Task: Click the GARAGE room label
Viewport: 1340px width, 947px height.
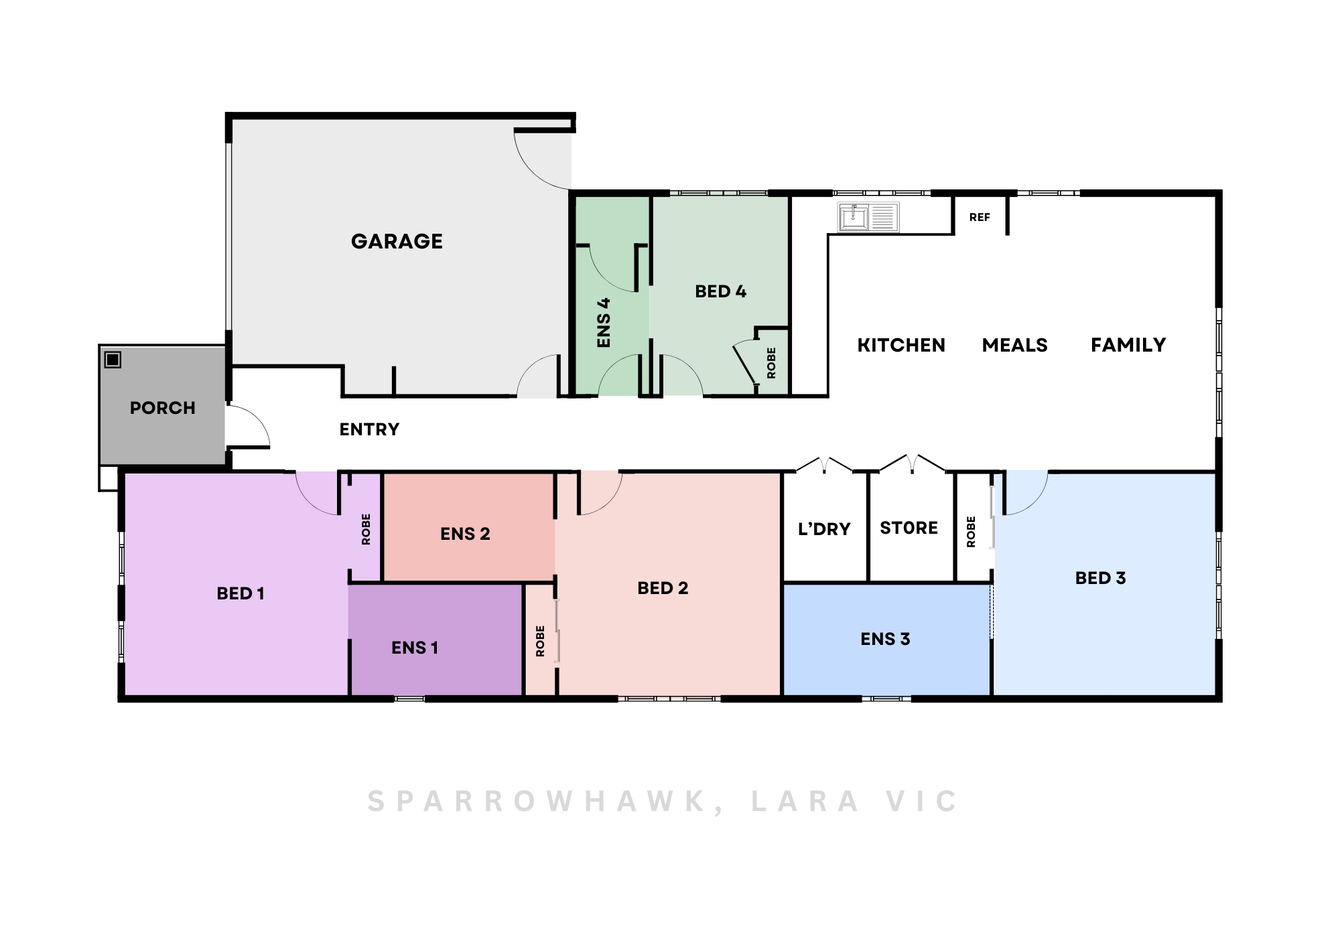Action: tap(397, 241)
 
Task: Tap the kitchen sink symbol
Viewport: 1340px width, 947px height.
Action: tap(868, 217)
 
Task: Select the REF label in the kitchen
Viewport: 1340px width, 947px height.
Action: tap(980, 217)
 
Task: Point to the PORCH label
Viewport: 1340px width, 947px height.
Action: tap(163, 408)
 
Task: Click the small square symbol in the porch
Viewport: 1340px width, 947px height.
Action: tap(113, 360)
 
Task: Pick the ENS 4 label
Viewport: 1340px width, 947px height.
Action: tap(604, 322)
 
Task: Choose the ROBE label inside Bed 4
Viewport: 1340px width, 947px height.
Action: tap(771, 363)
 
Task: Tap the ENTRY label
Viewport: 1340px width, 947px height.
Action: tap(369, 429)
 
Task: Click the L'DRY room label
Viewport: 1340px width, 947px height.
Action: tap(824, 529)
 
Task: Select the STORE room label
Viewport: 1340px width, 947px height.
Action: tap(909, 528)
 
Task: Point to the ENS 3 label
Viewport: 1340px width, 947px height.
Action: tap(885, 639)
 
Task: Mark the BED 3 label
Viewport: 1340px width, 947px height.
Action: tap(1100, 578)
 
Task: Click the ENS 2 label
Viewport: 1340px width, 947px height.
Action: tap(465, 534)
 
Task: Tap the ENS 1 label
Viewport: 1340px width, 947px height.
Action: tap(415, 648)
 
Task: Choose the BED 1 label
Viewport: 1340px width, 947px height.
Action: tap(241, 593)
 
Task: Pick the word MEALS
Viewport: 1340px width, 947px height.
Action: tap(1014, 345)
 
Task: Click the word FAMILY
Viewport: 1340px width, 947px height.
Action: tap(1128, 345)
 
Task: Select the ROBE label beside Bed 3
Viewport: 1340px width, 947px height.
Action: tap(971, 532)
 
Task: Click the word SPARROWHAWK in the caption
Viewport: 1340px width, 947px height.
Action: tap(537, 802)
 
